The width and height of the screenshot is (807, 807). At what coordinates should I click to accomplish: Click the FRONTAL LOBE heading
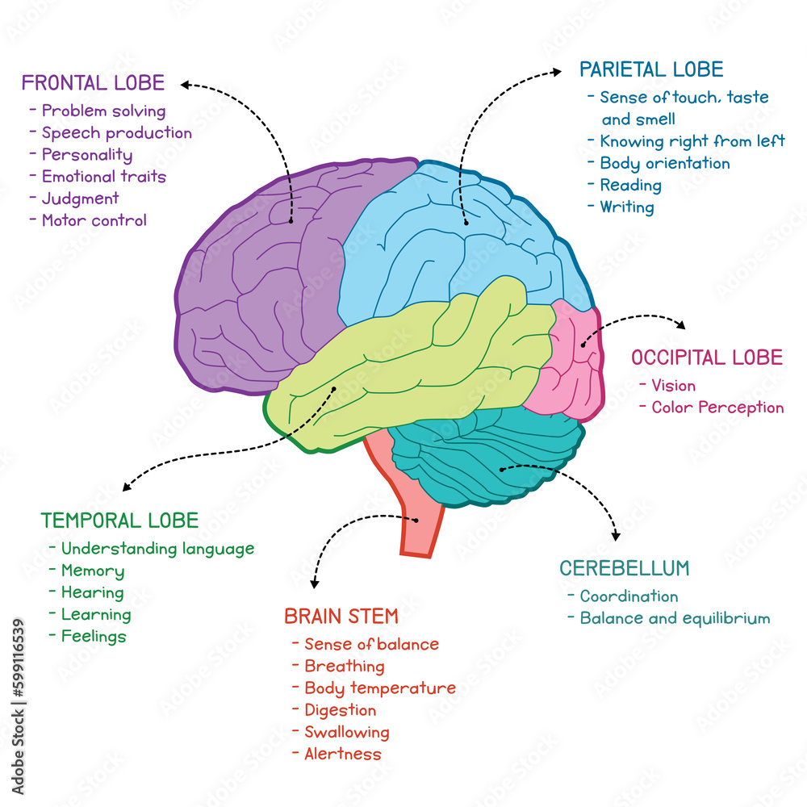click(x=93, y=83)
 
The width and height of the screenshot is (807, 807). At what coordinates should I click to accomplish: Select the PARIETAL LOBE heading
click(x=651, y=69)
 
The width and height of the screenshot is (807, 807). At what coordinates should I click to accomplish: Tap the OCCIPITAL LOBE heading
click(x=707, y=358)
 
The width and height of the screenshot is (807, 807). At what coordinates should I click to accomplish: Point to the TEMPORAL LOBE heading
click(x=119, y=521)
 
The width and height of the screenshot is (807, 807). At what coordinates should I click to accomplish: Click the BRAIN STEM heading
click(x=341, y=617)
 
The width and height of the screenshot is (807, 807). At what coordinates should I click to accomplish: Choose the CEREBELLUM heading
click(x=625, y=568)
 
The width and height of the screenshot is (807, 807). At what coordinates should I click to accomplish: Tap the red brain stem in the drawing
click(x=416, y=516)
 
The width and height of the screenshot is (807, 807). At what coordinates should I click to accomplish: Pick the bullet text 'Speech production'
click(x=117, y=133)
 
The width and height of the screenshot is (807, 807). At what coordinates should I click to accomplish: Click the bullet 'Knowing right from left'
click(x=692, y=141)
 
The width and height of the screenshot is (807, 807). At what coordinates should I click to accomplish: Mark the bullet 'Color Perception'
click(x=717, y=408)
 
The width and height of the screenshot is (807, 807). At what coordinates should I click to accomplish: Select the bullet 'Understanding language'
click(x=157, y=549)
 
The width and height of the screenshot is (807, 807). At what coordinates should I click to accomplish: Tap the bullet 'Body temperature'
click(x=379, y=688)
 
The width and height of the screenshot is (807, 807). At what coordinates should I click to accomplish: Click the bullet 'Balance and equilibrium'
click(x=675, y=619)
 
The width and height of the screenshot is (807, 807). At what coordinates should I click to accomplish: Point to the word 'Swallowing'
click(x=346, y=733)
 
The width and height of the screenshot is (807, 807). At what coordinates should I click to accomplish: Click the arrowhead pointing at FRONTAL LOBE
click(x=184, y=83)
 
